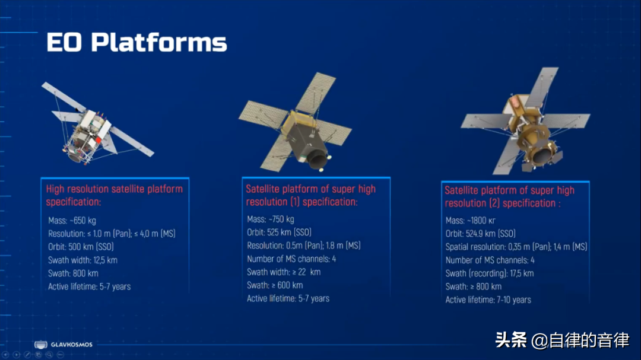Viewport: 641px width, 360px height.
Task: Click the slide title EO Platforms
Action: coord(137,42)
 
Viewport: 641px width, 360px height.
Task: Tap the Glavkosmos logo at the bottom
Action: coord(64,345)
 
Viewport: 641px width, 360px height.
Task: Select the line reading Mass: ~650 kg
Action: coord(72,221)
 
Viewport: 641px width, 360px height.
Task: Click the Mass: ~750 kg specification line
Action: coord(270,219)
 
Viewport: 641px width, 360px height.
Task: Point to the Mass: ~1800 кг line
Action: coord(470,221)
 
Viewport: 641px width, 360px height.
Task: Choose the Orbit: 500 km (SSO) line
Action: coord(81,247)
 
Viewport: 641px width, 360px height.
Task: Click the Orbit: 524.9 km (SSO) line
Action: coord(480,234)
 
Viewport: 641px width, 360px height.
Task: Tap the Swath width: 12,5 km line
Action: coord(82,260)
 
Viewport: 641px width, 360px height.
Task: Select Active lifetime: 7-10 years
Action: coord(488,300)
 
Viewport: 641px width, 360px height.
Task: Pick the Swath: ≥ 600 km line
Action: coord(275,285)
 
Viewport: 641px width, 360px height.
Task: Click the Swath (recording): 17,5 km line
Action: coord(489,273)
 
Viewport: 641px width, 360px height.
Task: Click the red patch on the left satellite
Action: coord(99,140)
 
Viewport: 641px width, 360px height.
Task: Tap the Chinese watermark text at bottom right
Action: coord(562,340)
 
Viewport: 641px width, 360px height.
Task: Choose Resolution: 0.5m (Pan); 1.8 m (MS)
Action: coord(304,246)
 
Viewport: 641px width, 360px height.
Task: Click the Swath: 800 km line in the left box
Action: coord(73,273)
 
